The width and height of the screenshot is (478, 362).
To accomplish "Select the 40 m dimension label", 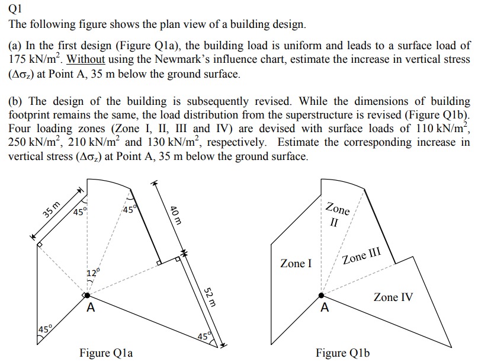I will tap(175, 214).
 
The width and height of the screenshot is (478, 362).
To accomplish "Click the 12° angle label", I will tap(92, 273).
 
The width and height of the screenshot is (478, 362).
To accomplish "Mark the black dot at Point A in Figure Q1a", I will tap(87, 295).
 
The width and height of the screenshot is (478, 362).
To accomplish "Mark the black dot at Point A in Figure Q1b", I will tap(322, 295).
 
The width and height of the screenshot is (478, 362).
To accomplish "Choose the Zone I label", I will tap(296, 263).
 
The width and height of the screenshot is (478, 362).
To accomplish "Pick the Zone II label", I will tap(336, 216).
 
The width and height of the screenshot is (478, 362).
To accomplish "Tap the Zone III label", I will tap(361, 257).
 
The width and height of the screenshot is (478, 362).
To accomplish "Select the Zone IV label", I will tap(393, 297).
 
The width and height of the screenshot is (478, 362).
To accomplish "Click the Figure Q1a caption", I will tap(106, 353).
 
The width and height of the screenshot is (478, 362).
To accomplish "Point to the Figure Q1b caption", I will tap(343, 353).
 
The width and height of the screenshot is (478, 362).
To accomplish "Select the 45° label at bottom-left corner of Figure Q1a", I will tap(44, 330).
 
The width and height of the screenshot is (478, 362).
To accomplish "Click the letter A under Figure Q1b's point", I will tap(324, 308).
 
